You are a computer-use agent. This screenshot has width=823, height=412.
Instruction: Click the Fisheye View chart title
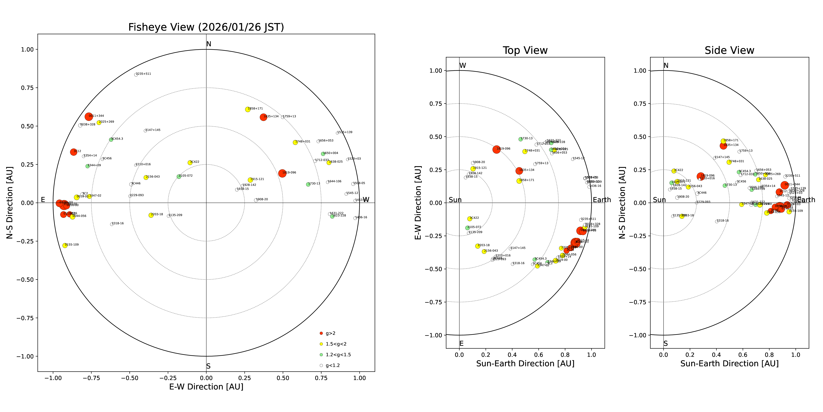(x=206, y=27)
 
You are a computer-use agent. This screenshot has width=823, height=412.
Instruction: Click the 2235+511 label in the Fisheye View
(x=143, y=74)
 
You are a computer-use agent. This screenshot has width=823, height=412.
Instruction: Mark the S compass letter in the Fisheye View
(x=208, y=366)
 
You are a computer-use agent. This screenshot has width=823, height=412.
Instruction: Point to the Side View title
(x=729, y=51)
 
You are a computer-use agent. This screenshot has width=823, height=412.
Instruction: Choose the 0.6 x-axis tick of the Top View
(x=539, y=355)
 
